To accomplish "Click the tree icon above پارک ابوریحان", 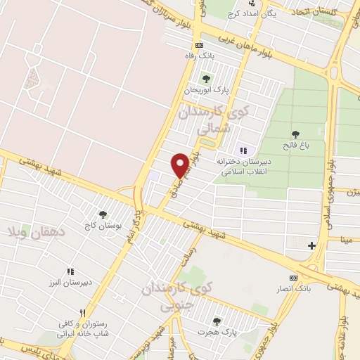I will (205, 78).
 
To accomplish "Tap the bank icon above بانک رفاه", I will (199, 44).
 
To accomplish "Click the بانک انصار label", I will (297, 289).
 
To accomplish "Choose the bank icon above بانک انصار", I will (295, 278).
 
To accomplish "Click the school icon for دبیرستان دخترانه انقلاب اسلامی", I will (244, 150).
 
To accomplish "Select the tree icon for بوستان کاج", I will (103, 214).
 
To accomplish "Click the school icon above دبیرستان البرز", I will (70, 271).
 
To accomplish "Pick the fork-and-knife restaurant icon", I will (82, 314).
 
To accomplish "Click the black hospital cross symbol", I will (312, 245).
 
